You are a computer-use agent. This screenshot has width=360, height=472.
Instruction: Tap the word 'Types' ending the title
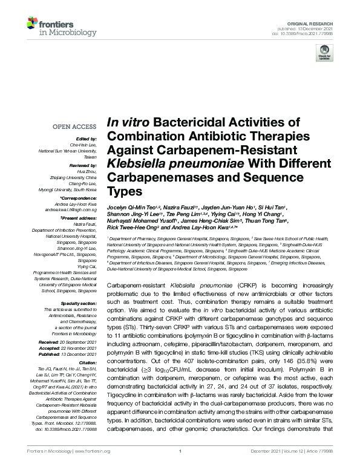click(123, 192)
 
